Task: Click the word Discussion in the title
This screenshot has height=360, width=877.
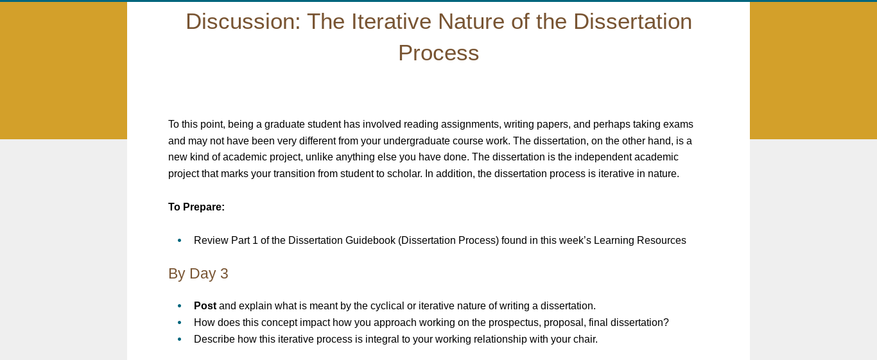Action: pyautogui.click(x=243, y=22)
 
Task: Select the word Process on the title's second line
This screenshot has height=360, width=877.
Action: pyautogui.click(x=438, y=53)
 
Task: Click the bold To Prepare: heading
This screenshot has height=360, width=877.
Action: pyautogui.click(x=196, y=207)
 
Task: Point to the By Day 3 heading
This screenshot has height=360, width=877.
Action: pyautogui.click(x=198, y=273)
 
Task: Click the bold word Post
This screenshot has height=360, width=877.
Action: pyautogui.click(x=205, y=305)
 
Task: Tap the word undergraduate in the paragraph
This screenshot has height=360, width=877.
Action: pyautogui.click(x=417, y=141)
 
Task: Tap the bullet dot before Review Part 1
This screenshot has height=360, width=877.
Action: pyautogui.click(x=180, y=240)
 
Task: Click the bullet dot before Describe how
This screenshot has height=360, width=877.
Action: pyautogui.click(x=180, y=339)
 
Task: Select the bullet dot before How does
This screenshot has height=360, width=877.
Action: pyautogui.click(x=180, y=322)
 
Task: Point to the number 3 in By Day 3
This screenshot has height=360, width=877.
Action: pyautogui.click(x=224, y=273)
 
